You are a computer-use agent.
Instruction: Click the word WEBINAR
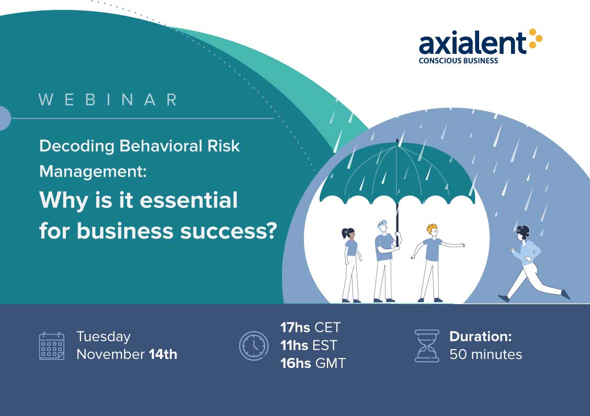[108, 100]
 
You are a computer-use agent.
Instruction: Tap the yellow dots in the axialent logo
[536, 38]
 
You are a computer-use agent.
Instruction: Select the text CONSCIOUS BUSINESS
[458, 61]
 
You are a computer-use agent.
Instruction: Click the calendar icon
[52, 346]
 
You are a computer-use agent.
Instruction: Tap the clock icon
[254, 345]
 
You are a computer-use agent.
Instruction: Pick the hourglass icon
[427, 346]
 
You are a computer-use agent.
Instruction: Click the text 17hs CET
[310, 328]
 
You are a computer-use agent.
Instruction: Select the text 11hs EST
[309, 345]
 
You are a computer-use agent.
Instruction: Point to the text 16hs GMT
[313, 363]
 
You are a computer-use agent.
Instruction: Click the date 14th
[163, 354]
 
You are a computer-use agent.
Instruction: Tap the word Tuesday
[104, 337]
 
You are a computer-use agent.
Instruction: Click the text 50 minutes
[486, 354]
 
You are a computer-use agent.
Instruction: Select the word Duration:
[481, 336]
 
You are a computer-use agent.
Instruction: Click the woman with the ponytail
[351, 265]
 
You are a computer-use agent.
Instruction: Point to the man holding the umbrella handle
[386, 261]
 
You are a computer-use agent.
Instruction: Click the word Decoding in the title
[77, 146]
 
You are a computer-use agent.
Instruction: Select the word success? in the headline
[229, 231]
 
